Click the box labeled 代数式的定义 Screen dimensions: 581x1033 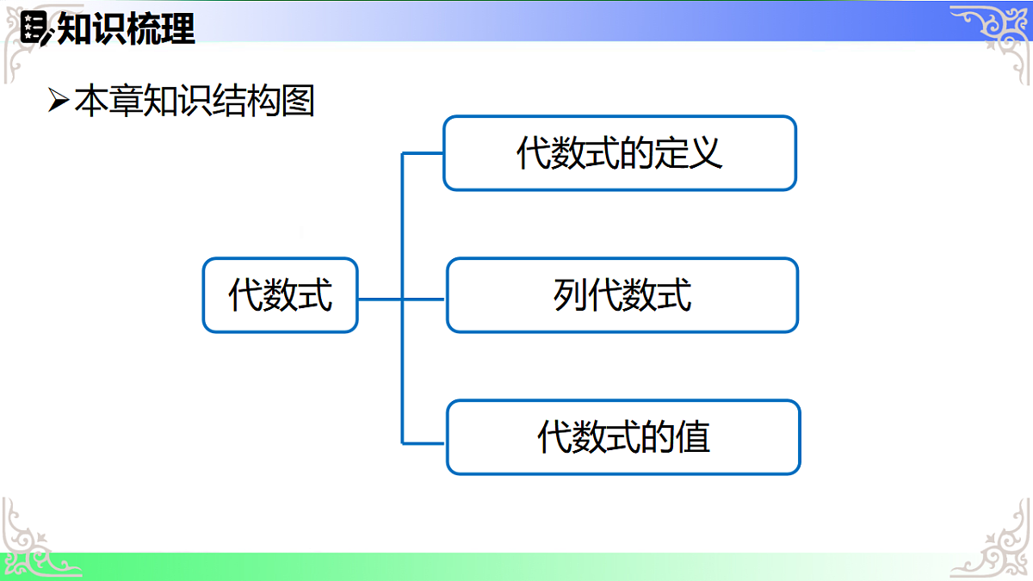pyautogui.click(x=619, y=153)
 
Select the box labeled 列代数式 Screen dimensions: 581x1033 pyautogui.click(x=622, y=295)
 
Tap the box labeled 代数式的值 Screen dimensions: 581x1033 pyautogui.click(x=623, y=437)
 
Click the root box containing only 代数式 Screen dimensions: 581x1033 pyautogui.click(x=280, y=295)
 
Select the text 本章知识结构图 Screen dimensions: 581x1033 pyautogui.click(x=195, y=102)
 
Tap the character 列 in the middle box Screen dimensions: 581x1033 pyautogui.click(x=570, y=295)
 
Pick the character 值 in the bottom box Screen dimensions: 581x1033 pyautogui.click(x=693, y=437)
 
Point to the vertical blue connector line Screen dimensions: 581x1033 pyautogui.click(x=402, y=362)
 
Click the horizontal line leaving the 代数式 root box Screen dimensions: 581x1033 pyautogui.click(x=379, y=300)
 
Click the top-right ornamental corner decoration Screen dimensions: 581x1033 pyautogui.click(x=990, y=34)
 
